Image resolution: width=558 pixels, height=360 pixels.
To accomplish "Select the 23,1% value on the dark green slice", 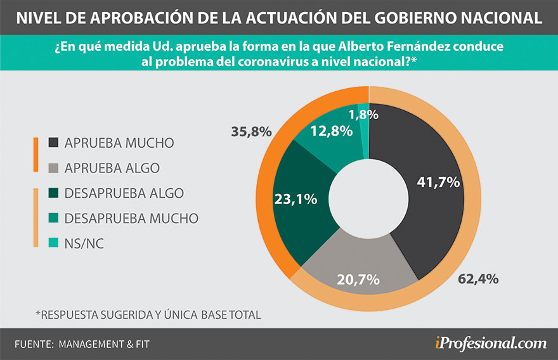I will coord(295,199).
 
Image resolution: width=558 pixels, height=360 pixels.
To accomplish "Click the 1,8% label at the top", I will coord(363,115).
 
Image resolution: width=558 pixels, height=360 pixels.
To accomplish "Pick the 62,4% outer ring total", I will coord(478,278).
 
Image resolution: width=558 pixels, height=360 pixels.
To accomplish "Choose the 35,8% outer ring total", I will coord(253,132).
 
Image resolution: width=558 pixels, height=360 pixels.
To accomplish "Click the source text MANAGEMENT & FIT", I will coord(105,344).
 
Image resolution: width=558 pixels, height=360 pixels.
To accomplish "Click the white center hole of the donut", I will coord(368,194).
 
